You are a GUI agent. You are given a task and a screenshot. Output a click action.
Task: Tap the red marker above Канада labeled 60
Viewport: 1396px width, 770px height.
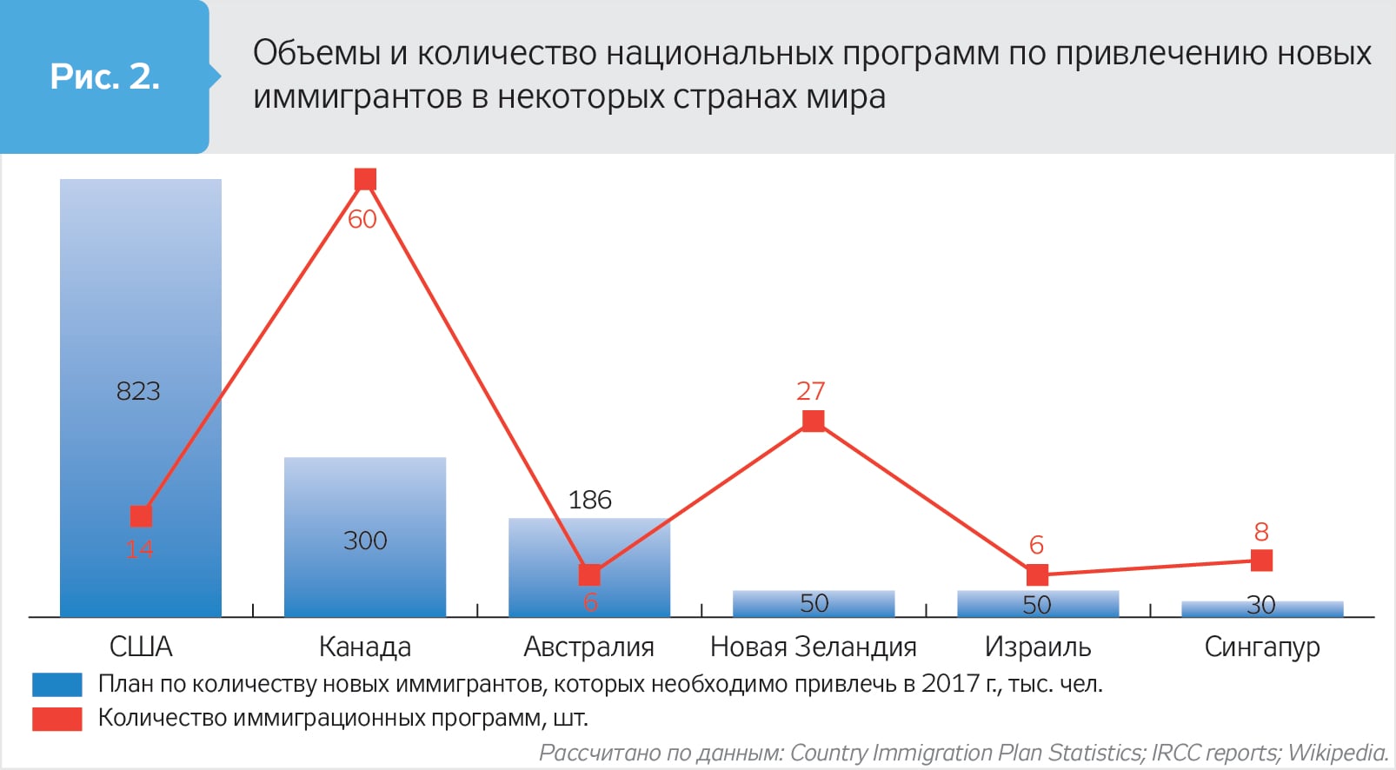pyautogui.click(x=365, y=180)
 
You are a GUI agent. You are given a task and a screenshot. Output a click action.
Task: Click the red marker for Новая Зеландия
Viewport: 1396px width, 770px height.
pyautogui.click(x=813, y=422)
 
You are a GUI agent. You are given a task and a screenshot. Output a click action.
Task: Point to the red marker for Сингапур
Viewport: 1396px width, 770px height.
pyautogui.click(x=1262, y=561)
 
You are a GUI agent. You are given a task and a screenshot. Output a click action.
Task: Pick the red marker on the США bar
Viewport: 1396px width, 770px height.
pyautogui.click(x=141, y=516)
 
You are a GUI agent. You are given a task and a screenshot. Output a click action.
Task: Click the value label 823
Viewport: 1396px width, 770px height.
pyautogui.click(x=138, y=391)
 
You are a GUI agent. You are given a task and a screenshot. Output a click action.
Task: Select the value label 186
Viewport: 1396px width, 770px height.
pyautogui.click(x=589, y=500)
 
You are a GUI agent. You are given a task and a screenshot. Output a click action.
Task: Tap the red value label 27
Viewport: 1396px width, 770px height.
pyautogui.click(x=810, y=391)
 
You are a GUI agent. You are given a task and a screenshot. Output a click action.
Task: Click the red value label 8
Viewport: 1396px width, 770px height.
pyautogui.click(x=1261, y=531)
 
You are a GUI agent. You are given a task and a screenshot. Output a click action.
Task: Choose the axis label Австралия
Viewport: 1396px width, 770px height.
pyautogui.click(x=588, y=647)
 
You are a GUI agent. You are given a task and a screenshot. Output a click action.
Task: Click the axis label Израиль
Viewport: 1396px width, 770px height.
pyautogui.click(x=1037, y=647)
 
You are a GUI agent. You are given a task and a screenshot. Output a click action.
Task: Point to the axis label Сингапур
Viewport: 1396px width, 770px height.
pyautogui.click(x=1261, y=647)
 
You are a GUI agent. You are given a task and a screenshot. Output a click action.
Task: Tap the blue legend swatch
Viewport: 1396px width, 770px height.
pyautogui.click(x=57, y=685)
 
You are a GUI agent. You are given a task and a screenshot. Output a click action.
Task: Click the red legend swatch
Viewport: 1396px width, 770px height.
pyautogui.click(x=57, y=719)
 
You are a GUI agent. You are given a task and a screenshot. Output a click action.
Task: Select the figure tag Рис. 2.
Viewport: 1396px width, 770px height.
pyautogui.click(x=105, y=76)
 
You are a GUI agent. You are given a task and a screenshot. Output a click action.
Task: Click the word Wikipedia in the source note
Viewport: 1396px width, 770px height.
pyautogui.click(x=1338, y=753)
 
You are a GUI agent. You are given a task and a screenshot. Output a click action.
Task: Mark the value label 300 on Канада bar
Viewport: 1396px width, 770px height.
pyautogui.click(x=365, y=541)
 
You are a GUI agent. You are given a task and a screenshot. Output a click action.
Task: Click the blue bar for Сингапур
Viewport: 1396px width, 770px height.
pyautogui.click(x=1262, y=608)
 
